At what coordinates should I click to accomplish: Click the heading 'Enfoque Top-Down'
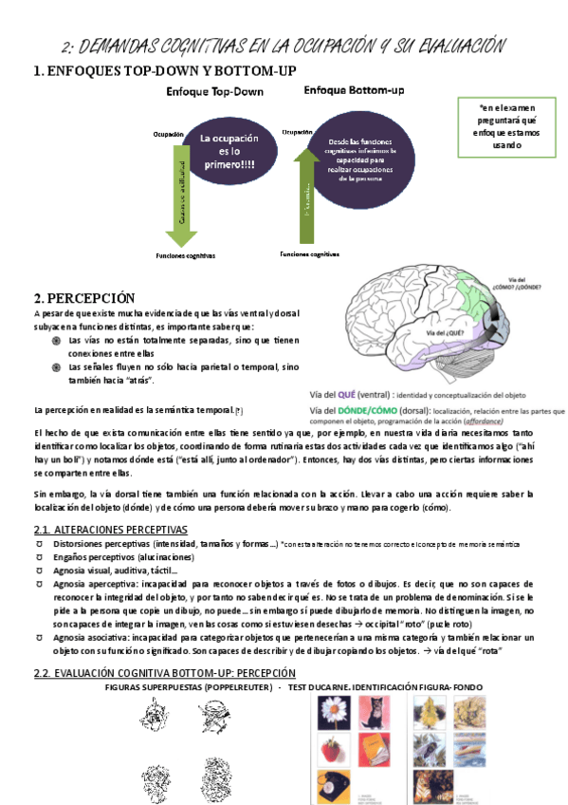(214, 92)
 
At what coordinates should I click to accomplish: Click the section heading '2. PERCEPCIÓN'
(84, 298)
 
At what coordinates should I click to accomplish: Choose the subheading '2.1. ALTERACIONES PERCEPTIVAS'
(110, 529)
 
